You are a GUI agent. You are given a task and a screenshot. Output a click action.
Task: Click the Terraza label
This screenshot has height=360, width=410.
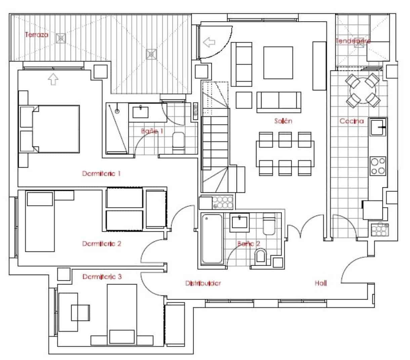tap(37, 35)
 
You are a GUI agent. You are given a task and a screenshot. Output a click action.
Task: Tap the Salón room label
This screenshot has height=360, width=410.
tap(283, 121)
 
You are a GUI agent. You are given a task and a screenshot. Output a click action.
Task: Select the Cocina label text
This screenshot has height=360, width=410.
tap(351, 121)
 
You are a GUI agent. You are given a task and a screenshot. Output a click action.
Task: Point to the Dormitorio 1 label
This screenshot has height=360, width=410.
tap(101, 174)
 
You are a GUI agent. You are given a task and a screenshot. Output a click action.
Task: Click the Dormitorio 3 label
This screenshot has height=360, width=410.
tap(102, 277)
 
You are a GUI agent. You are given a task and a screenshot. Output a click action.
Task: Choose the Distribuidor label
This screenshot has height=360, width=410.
tap(203, 283)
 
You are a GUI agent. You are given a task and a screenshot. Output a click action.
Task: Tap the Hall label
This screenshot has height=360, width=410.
tap(321, 283)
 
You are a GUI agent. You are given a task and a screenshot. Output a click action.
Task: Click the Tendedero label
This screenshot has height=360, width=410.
tap(353, 41)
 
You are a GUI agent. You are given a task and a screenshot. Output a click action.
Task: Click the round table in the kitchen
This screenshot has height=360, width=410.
tap(363, 90)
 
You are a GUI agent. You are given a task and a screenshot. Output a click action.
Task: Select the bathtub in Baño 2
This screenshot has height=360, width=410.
tap(212, 239)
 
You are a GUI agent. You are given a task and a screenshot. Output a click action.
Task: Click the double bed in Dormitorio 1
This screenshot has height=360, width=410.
tap(55, 129)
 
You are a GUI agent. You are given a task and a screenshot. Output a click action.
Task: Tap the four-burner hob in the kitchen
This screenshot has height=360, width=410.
tap(378, 166)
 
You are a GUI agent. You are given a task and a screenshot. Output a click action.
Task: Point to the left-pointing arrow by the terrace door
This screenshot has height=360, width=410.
tap(209, 42)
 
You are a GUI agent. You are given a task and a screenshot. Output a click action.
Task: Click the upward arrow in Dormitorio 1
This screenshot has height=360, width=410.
tap(53, 80)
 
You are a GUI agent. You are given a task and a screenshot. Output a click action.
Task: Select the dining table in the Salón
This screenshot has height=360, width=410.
tap(285, 154)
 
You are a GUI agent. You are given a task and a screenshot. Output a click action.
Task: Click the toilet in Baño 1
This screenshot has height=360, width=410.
tap(178, 142)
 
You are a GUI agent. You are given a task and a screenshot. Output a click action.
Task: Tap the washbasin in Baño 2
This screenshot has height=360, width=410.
tap(240, 222)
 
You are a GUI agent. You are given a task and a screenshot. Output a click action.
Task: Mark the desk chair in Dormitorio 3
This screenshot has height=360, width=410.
tap(81, 313)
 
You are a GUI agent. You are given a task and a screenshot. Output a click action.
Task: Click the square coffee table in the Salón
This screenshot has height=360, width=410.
tap(278, 63)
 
